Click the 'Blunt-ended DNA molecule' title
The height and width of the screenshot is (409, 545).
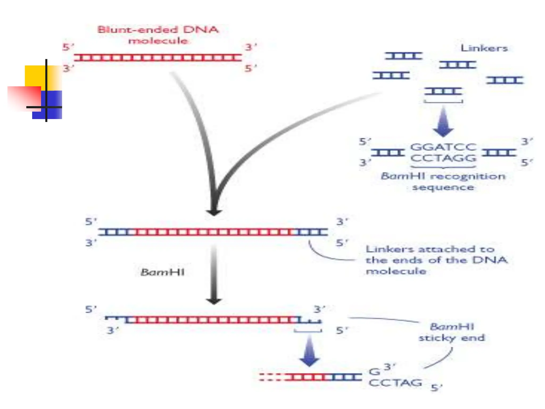[158, 35]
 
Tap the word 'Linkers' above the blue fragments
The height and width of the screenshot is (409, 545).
[484, 48]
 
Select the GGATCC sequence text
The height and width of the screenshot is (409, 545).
[443, 147]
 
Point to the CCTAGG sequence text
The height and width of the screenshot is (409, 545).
[443, 158]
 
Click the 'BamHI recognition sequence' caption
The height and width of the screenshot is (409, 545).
[443, 182]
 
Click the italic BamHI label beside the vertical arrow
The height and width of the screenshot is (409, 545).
[163, 272]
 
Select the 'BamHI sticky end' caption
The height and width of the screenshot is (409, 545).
[452, 332]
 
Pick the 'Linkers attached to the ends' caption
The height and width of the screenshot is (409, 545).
[436, 260]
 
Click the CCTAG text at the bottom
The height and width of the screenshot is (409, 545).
[395, 383]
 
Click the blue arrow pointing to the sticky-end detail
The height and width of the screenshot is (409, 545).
[309, 351]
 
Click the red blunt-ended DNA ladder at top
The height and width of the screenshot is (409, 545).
[158, 58]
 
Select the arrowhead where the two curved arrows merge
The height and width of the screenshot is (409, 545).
[214, 212]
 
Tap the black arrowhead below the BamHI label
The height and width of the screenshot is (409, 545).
[214, 301]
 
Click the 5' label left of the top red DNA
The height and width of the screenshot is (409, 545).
[68, 47]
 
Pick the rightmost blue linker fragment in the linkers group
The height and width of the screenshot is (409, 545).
[505, 80]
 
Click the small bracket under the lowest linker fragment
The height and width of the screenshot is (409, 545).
[443, 101]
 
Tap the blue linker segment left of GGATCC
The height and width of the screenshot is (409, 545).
[388, 153]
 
